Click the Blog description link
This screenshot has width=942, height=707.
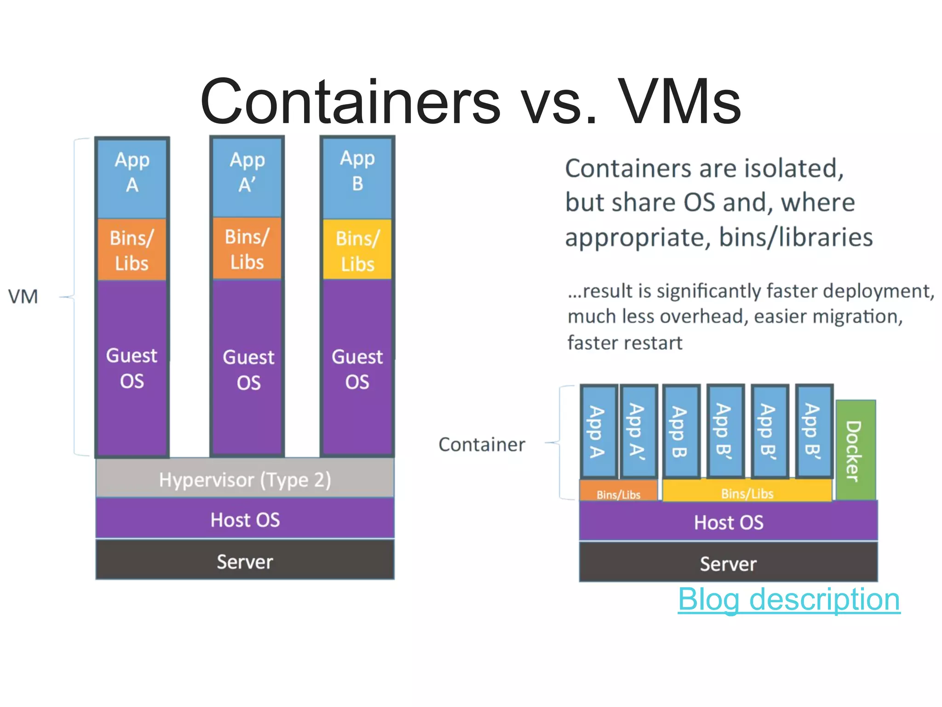coord(788,599)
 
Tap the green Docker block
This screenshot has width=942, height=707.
coord(855,450)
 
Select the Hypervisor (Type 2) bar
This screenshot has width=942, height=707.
coord(245,479)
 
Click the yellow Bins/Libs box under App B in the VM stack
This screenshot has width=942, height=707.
coord(357,250)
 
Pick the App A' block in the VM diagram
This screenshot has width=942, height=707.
coord(247,177)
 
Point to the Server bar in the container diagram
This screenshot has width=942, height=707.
coord(728,563)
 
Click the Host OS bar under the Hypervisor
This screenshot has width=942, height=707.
coord(245,519)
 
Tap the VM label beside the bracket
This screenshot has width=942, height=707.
coord(23,297)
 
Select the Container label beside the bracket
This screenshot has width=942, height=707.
coord(481,445)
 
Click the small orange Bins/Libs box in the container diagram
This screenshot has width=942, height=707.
coord(618,491)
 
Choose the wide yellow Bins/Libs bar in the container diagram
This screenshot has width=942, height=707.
coord(747,491)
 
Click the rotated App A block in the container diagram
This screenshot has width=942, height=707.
coord(598,432)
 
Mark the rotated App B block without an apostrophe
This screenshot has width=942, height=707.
coord(681,432)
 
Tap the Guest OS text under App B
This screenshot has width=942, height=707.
coord(357,369)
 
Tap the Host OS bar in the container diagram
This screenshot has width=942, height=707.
coord(728,522)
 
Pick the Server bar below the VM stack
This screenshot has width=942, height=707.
coord(245,561)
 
